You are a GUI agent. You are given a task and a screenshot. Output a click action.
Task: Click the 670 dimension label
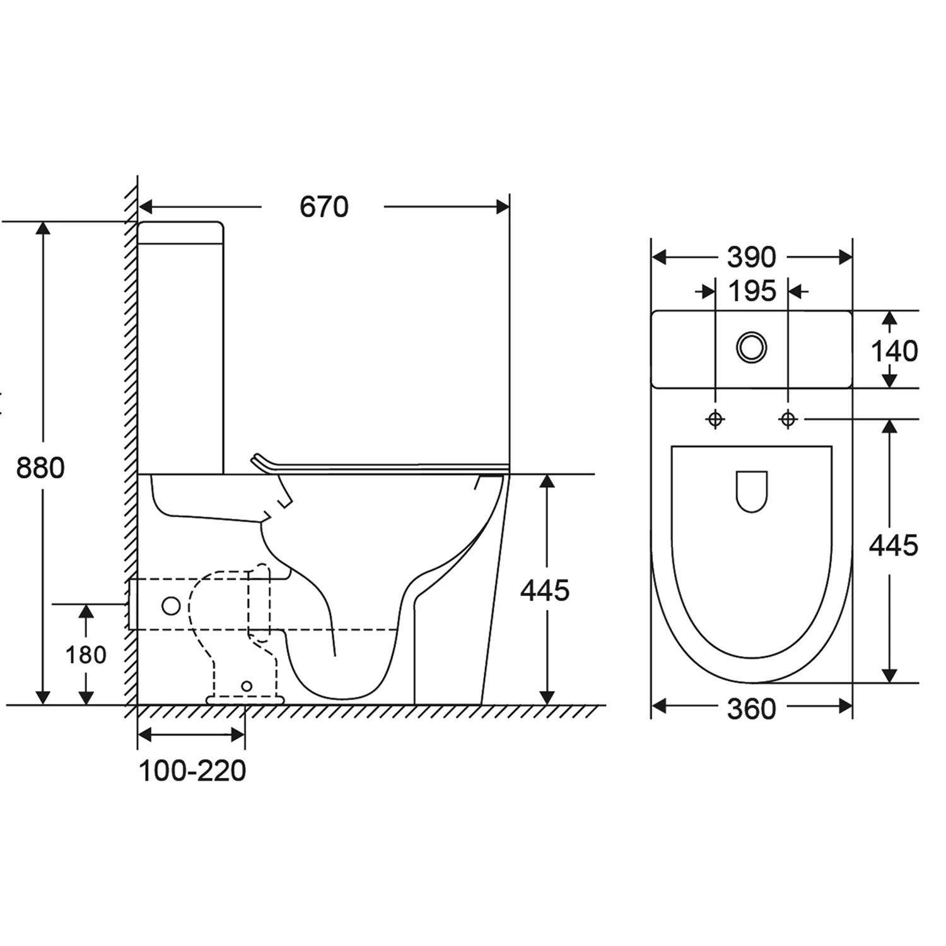(324, 207)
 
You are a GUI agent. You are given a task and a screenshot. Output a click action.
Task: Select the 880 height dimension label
(40, 468)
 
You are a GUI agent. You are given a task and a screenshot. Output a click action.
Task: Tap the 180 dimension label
(86, 655)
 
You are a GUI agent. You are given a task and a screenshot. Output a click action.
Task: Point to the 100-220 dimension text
(192, 771)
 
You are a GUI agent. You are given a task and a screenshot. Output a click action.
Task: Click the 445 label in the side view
(545, 590)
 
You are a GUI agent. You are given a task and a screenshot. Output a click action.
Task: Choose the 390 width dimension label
(751, 257)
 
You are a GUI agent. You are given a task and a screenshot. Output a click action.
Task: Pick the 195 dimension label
(752, 291)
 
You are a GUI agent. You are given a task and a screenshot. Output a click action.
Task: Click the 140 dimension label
(894, 351)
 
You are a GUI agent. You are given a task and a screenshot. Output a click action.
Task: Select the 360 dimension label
(751, 709)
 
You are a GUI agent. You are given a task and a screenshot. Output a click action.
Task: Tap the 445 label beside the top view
(894, 546)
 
